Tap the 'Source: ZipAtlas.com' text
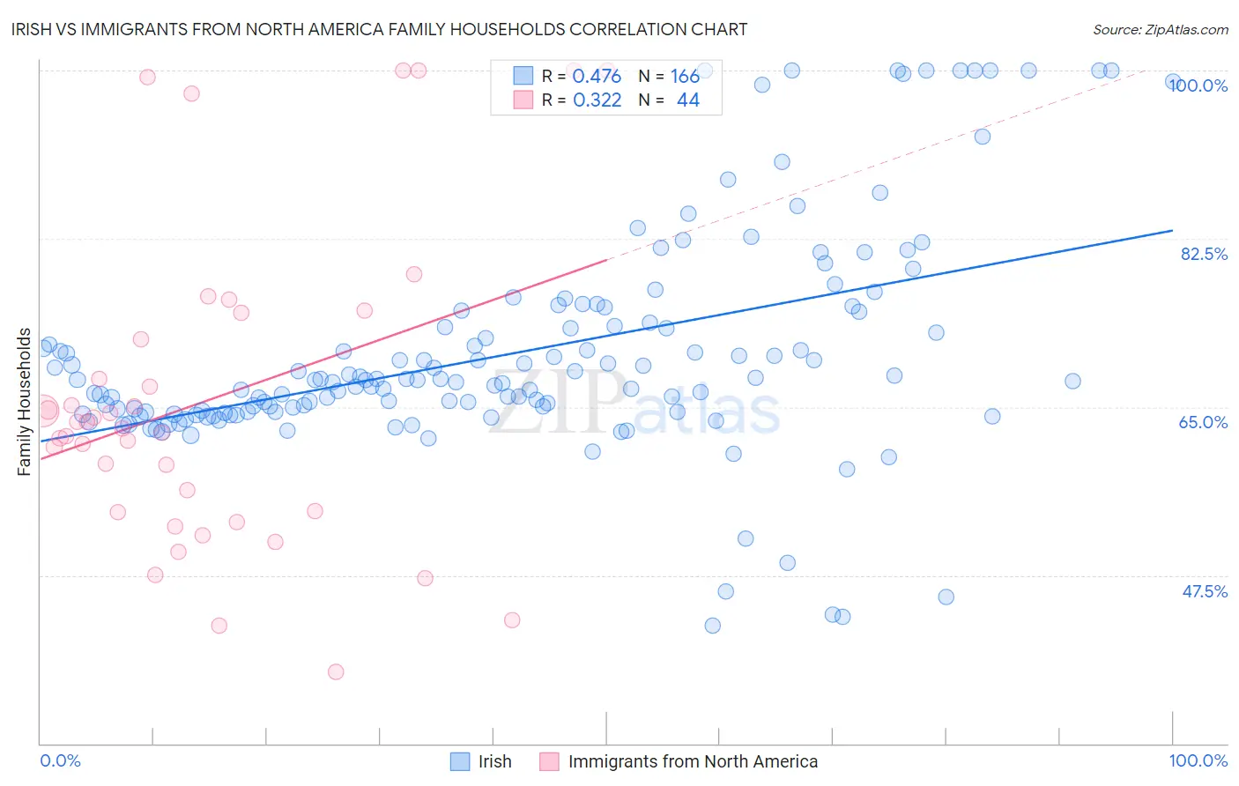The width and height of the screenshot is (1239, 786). point(1160,29)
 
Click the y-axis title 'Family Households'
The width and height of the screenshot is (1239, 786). point(25,402)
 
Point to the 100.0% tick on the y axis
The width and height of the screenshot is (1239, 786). point(1198,85)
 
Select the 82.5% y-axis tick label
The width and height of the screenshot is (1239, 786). point(1204,254)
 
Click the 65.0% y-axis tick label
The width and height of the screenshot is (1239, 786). point(1204,422)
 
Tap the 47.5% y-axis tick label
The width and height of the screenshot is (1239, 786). point(1205,591)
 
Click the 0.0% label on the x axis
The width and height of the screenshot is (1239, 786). point(61,760)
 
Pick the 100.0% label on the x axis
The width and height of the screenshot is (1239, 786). point(1198,760)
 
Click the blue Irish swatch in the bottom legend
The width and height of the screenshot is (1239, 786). point(460,761)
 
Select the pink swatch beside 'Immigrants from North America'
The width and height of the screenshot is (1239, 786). point(549,761)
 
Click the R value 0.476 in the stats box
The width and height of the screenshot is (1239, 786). point(597,77)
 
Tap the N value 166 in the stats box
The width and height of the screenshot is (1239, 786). point(685,77)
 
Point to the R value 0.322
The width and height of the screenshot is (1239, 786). point(597,100)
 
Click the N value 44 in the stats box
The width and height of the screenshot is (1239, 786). point(687,100)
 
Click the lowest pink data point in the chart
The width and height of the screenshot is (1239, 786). point(335,671)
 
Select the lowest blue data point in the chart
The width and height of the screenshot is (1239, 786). point(712,626)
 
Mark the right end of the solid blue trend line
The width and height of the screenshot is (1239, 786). point(1172,230)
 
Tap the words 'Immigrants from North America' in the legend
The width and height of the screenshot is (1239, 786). point(693,761)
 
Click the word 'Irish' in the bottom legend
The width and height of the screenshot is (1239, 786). point(494,761)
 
